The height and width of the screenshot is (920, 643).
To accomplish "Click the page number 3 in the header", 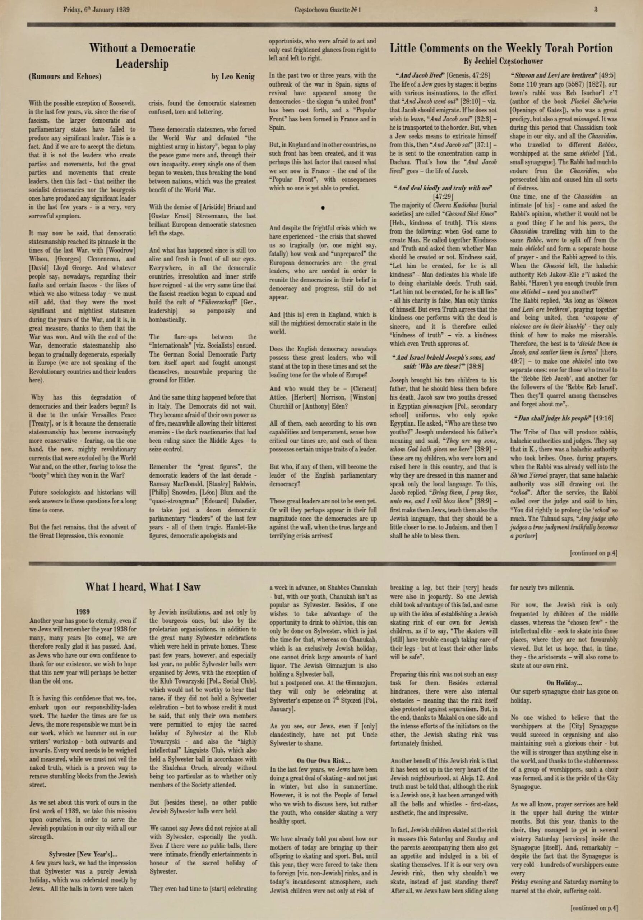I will tap(596, 10).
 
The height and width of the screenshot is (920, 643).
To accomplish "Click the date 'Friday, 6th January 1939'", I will tap(96, 10).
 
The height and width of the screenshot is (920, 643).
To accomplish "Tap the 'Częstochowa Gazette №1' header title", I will tap(327, 10).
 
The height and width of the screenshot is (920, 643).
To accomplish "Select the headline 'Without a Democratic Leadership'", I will tap(142, 56).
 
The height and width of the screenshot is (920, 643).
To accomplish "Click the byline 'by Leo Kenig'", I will tap(233, 76).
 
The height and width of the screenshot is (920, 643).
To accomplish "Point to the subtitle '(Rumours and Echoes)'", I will tap(65, 77).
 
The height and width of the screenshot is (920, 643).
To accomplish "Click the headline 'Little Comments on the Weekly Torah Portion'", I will tap(501, 49).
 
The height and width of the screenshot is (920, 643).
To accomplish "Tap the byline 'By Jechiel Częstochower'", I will tap(503, 61).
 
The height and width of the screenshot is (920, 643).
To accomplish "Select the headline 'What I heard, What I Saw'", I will tap(143, 587).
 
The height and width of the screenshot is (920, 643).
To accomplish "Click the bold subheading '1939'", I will tap(83, 611).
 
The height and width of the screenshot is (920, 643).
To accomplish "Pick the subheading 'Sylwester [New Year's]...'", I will tap(83, 854).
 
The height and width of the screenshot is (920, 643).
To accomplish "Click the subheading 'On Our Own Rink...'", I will tap(323, 760).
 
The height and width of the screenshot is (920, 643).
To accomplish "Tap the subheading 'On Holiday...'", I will tap(564, 682).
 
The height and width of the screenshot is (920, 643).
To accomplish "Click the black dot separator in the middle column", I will tap(323, 208).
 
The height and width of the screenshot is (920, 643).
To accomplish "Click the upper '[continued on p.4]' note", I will tap(593, 553).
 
